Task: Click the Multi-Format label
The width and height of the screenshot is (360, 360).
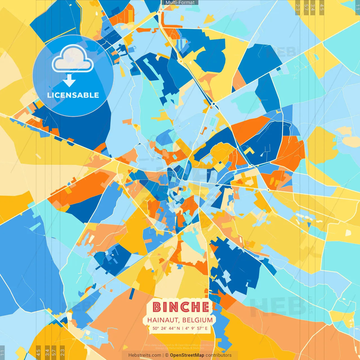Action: pos(180,3)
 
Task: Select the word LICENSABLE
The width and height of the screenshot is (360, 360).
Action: pos(73,95)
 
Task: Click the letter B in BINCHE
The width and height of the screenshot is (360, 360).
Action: pos(157,307)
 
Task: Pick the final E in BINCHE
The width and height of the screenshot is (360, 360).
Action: pos(205,307)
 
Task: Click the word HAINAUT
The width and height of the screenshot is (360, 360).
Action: pos(163,320)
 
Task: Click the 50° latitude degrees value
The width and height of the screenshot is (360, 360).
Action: pos(156,328)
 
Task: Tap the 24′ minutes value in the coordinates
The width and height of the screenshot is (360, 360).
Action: pos(164,328)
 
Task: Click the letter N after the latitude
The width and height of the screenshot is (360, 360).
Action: pos(178,328)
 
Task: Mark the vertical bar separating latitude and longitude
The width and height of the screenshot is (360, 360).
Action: pos(183,328)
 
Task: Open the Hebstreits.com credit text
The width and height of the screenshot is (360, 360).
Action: pos(145,355)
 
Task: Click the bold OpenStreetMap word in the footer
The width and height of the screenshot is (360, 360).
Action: pos(187,355)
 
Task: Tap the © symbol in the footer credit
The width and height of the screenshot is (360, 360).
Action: pos(167,355)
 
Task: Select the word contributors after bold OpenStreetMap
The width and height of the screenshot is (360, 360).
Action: pos(219,355)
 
